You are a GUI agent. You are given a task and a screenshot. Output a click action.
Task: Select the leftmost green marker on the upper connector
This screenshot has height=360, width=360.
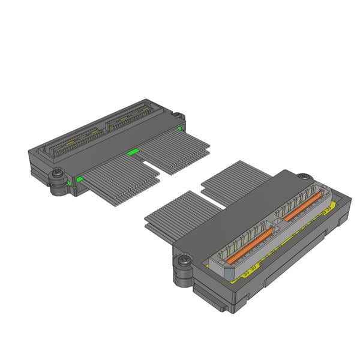(79, 179)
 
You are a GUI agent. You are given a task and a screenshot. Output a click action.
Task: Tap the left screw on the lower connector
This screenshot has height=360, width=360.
(182, 262)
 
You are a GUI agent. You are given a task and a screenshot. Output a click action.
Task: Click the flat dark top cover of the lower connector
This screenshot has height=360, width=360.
(240, 210)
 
